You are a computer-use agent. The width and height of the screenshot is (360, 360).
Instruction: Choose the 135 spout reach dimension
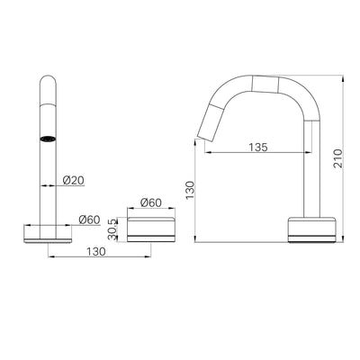click(x=258, y=145)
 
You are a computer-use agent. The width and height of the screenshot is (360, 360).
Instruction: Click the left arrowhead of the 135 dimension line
click(x=211, y=153)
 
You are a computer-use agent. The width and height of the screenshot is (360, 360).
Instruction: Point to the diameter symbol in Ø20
click(x=66, y=180)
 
